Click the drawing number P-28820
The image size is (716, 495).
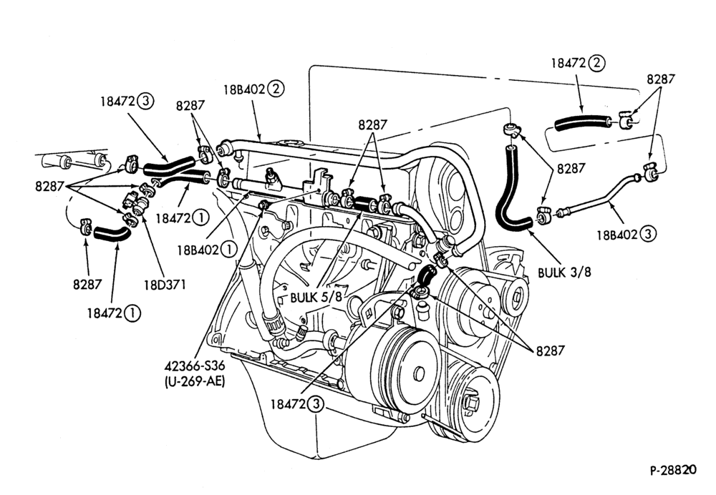point(672,470)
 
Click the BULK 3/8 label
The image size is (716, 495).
point(564,273)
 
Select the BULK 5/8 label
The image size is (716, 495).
point(316,298)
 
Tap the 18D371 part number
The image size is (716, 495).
point(165,285)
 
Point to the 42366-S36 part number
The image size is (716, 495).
point(195,366)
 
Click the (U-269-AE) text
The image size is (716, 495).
point(195,381)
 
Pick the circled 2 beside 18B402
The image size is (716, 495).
point(276,89)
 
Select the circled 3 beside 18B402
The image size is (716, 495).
point(648,235)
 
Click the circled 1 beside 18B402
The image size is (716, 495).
point(229,250)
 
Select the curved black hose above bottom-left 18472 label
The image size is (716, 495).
point(112,233)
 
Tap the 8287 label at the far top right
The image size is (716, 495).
point(660,79)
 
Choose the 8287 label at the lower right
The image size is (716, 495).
point(550,351)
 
